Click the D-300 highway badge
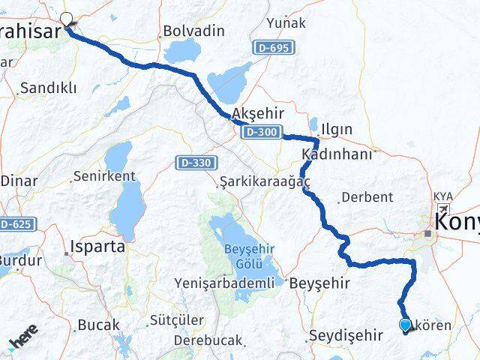click(x=261, y=133)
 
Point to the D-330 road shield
click(x=198, y=162)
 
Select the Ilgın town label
click(x=337, y=130)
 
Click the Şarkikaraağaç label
click(x=254, y=182)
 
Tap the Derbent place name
click(x=366, y=198)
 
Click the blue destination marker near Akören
click(x=406, y=324)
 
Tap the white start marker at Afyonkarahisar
click(x=67, y=19)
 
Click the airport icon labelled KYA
click(x=443, y=209)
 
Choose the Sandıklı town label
click(x=49, y=88)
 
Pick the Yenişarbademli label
click(x=223, y=283)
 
